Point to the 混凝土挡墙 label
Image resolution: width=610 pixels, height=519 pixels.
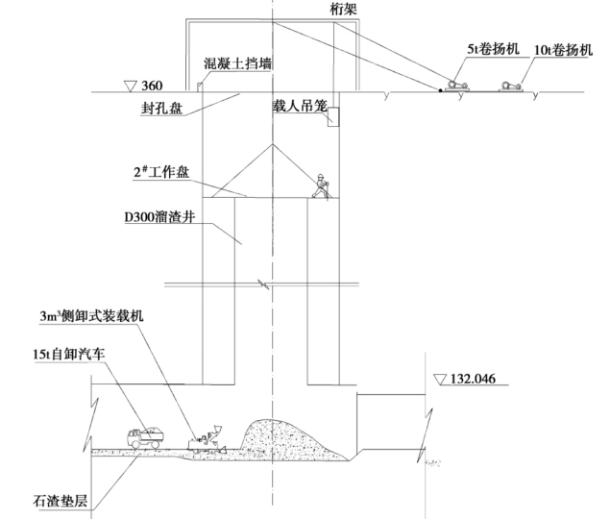(x=237, y=64)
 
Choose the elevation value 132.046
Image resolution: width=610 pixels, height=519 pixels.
(x=477, y=378)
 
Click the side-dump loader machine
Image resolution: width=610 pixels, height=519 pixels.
(x=207, y=437)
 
